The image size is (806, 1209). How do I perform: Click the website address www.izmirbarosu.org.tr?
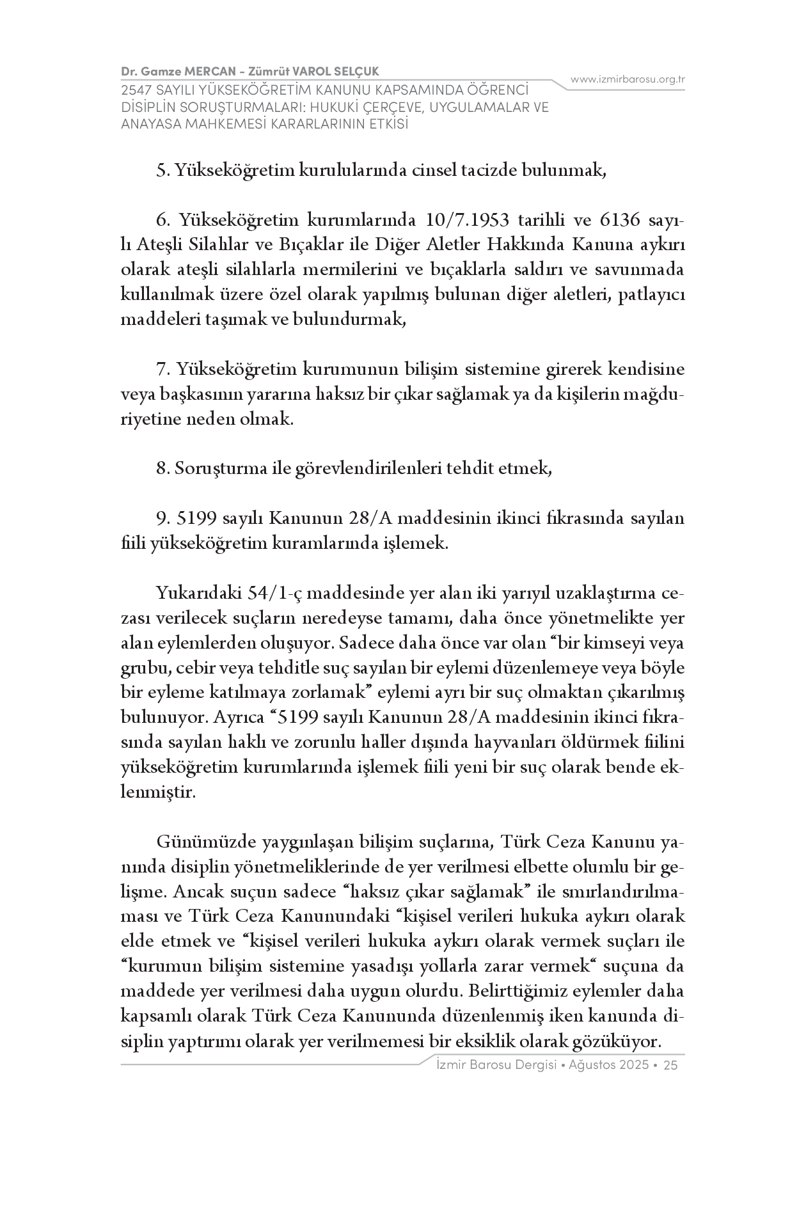(x=628, y=79)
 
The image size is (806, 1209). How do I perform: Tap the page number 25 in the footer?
(x=671, y=1065)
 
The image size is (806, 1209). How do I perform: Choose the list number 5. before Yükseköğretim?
(x=162, y=171)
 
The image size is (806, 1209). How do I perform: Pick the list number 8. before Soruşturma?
(x=162, y=468)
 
